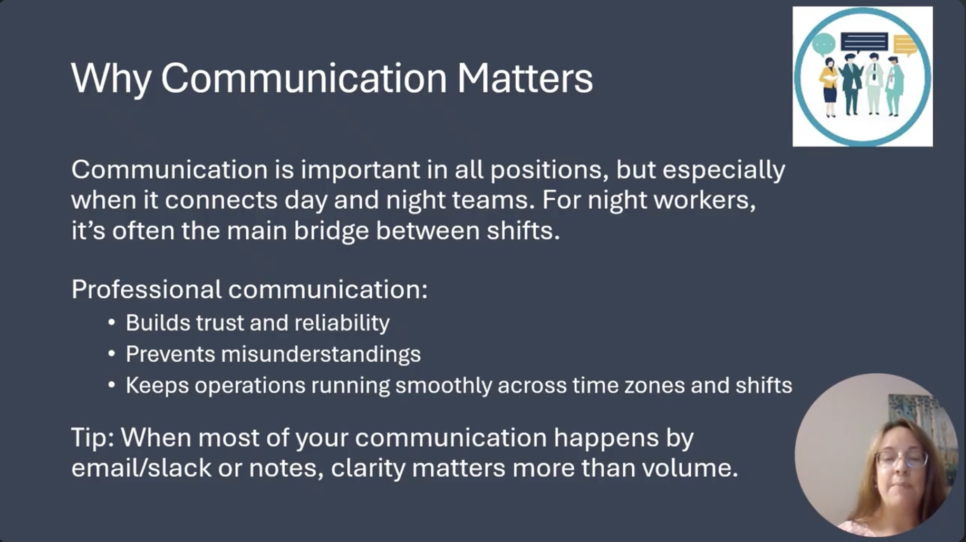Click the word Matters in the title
[525, 78]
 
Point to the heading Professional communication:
[249, 290]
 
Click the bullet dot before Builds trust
[111, 323]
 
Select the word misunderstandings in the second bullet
[321, 354]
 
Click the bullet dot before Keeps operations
[111, 385]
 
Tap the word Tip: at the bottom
[92, 438]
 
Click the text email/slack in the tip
[141, 468]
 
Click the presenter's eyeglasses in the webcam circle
[901, 459]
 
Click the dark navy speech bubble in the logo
[864, 42]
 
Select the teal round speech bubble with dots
[824, 44]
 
